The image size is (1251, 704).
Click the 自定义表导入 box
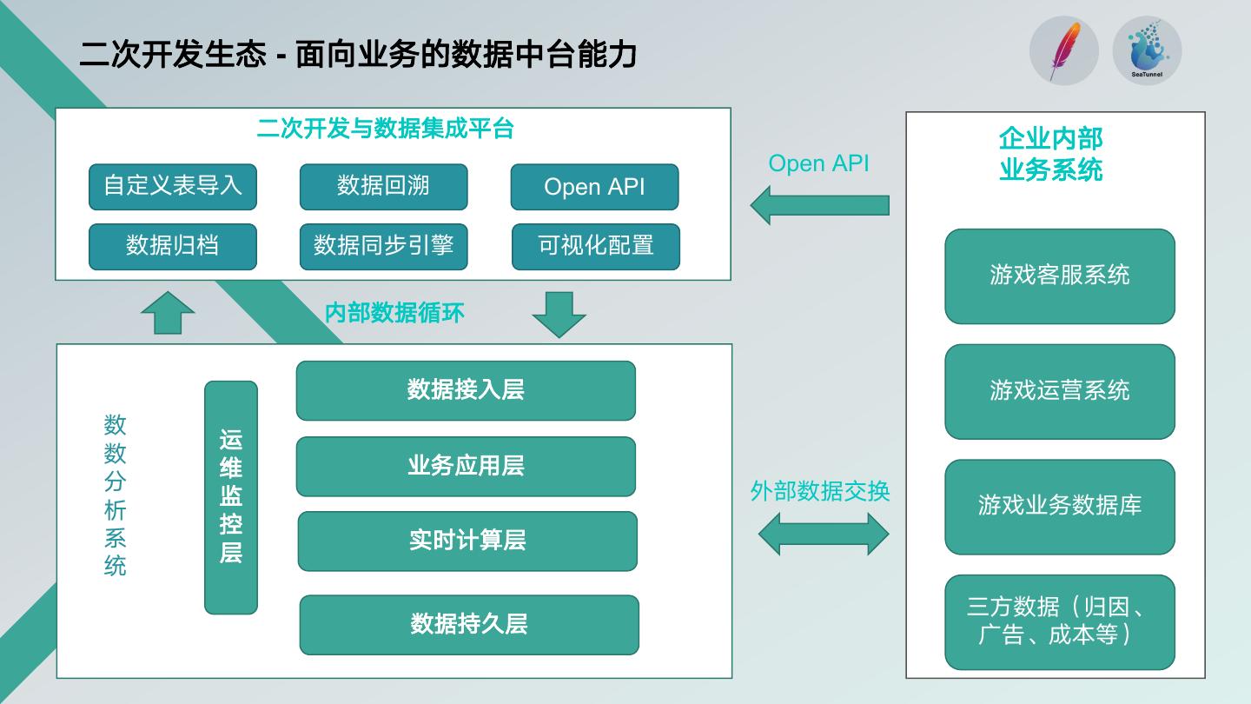(173, 187)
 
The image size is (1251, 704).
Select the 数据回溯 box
(383, 187)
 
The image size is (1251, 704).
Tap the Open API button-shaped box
(594, 187)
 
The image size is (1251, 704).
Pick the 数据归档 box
(173, 246)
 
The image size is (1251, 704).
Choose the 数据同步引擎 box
(383, 246)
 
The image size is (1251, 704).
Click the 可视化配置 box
(595, 246)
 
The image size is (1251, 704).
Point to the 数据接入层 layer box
(466, 390)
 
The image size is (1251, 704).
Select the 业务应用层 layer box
(466, 466)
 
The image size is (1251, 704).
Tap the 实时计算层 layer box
(467, 541)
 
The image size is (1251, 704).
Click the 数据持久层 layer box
(469, 624)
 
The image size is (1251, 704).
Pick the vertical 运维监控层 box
(231, 497)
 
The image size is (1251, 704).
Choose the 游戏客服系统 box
(1060, 276)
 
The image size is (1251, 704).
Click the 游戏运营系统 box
(1060, 391)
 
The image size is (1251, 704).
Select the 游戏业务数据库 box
(1060, 507)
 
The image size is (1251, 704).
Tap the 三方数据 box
(1060, 621)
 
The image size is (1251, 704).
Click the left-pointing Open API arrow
(819, 205)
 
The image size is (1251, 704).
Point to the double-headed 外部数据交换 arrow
(824, 533)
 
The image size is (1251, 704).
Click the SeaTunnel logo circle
(1147, 50)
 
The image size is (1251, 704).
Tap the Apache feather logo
(1064, 50)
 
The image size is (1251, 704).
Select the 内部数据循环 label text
(394, 313)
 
